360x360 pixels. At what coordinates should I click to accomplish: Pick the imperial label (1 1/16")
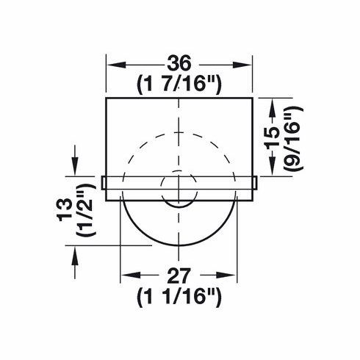pyautogui.click(x=179, y=298)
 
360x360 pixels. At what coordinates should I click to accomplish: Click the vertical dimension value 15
pyautogui.click(x=273, y=137)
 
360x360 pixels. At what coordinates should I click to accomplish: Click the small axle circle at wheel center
pyautogui.click(x=179, y=188)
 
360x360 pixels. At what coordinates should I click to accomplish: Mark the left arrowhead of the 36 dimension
pyautogui.click(x=112, y=64)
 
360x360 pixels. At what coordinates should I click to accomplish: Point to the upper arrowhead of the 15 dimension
pyautogui.click(x=273, y=104)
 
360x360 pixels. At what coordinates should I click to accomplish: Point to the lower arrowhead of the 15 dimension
pyautogui.click(x=273, y=171)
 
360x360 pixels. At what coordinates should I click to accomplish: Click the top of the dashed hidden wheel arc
pyautogui.click(x=179, y=133)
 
